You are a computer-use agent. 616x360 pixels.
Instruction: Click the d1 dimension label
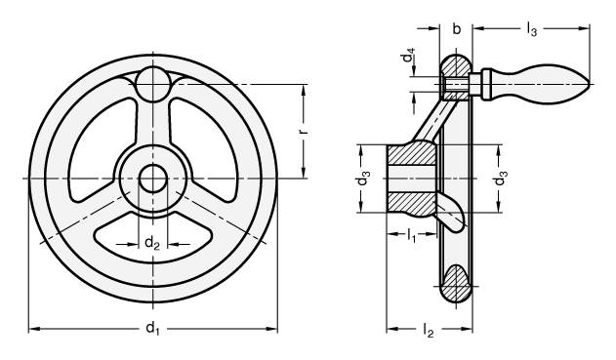[152, 328]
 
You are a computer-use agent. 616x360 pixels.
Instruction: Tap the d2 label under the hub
[152, 243]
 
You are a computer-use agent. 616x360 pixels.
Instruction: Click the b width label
[456, 28]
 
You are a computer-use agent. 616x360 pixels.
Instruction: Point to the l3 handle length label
[531, 29]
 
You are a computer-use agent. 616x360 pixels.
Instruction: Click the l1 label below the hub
[411, 236]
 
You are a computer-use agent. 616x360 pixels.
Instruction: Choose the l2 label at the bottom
[428, 330]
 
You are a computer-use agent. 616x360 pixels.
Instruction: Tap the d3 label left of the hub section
[362, 179]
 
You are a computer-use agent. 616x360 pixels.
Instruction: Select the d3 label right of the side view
[501, 179]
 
